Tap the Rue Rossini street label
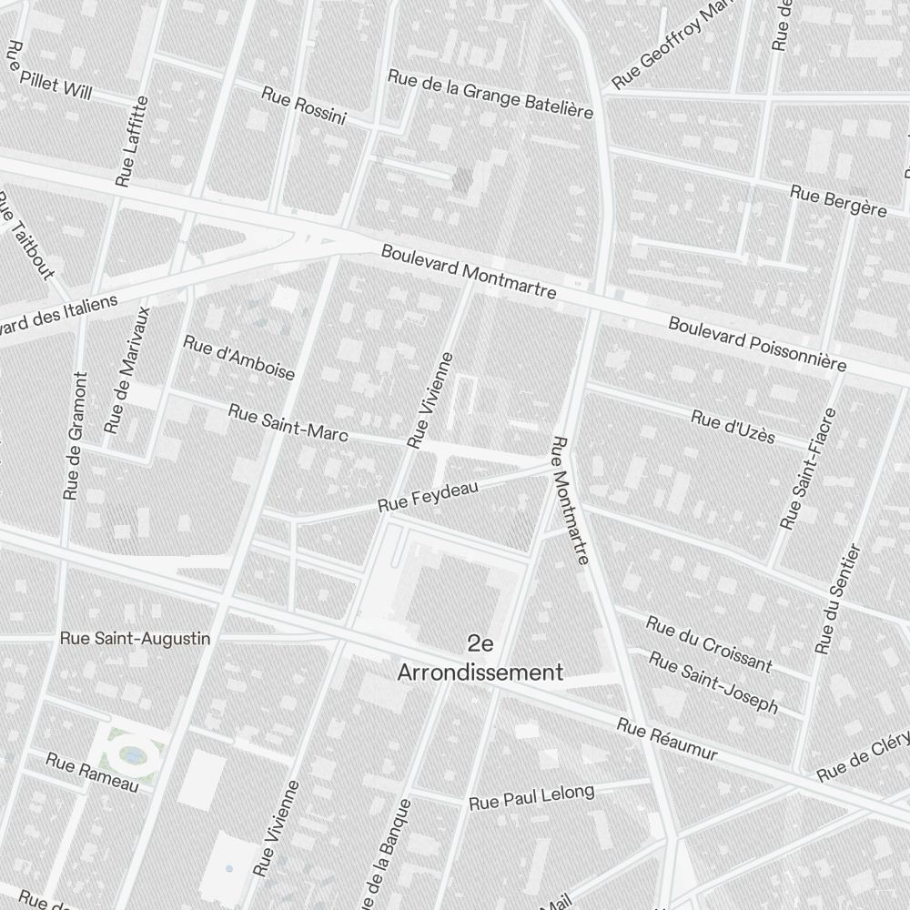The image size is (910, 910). [x=304, y=105]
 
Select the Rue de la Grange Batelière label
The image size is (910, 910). [x=490, y=94]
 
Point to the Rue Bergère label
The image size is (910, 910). [x=837, y=201]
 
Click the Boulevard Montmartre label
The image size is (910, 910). [x=469, y=272]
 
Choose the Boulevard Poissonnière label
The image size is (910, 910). [x=757, y=344]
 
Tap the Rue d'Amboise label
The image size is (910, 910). [x=239, y=357]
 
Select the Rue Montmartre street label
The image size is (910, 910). [x=571, y=500]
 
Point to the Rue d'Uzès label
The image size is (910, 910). [x=733, y=427]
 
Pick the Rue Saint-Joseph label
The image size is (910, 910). [x=715, y=682]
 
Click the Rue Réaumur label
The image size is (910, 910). [x=667, y=740]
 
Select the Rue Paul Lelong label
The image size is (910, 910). [x=531, y=797]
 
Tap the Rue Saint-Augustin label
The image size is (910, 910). [x=135, y=639]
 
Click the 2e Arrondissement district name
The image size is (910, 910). [x=480, y=659]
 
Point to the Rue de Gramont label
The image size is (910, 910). [x=74, y=436]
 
